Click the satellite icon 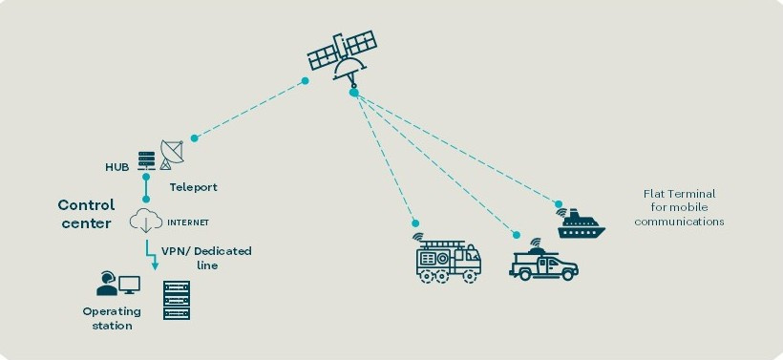click(342, 55)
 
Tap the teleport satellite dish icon click(172, 155)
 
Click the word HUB click(116, 167)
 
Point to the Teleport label click(193, 188)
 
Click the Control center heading click(86, 214)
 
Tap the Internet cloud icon click(146, 222)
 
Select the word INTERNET click(188, 222)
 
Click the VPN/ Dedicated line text click(206, 258)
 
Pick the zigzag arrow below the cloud click(151, 255)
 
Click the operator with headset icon click(106, 283)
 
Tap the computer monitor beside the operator click(129, 286)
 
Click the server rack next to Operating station click(177, 300)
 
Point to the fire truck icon click(448, 259)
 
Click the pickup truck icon click(543, 261)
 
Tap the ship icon click(581, 223)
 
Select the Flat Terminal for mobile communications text click(679, 208)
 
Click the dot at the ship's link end click(559, 203)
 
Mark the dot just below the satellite click(354, 93)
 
